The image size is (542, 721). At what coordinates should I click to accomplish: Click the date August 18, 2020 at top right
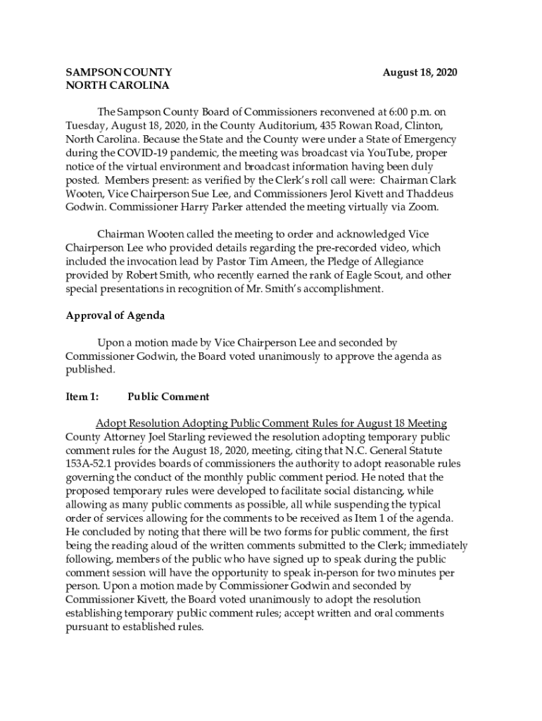tap(420, 73)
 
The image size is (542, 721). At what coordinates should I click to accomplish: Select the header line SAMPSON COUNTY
tap(118, 73)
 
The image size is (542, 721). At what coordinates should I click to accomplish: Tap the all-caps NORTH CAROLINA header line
tap(117, 85)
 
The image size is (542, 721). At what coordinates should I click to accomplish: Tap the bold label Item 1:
tap(82, 396)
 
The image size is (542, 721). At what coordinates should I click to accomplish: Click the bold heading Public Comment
tap(168, 396)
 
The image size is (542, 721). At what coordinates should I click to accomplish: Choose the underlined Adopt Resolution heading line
tap(271, 423)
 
